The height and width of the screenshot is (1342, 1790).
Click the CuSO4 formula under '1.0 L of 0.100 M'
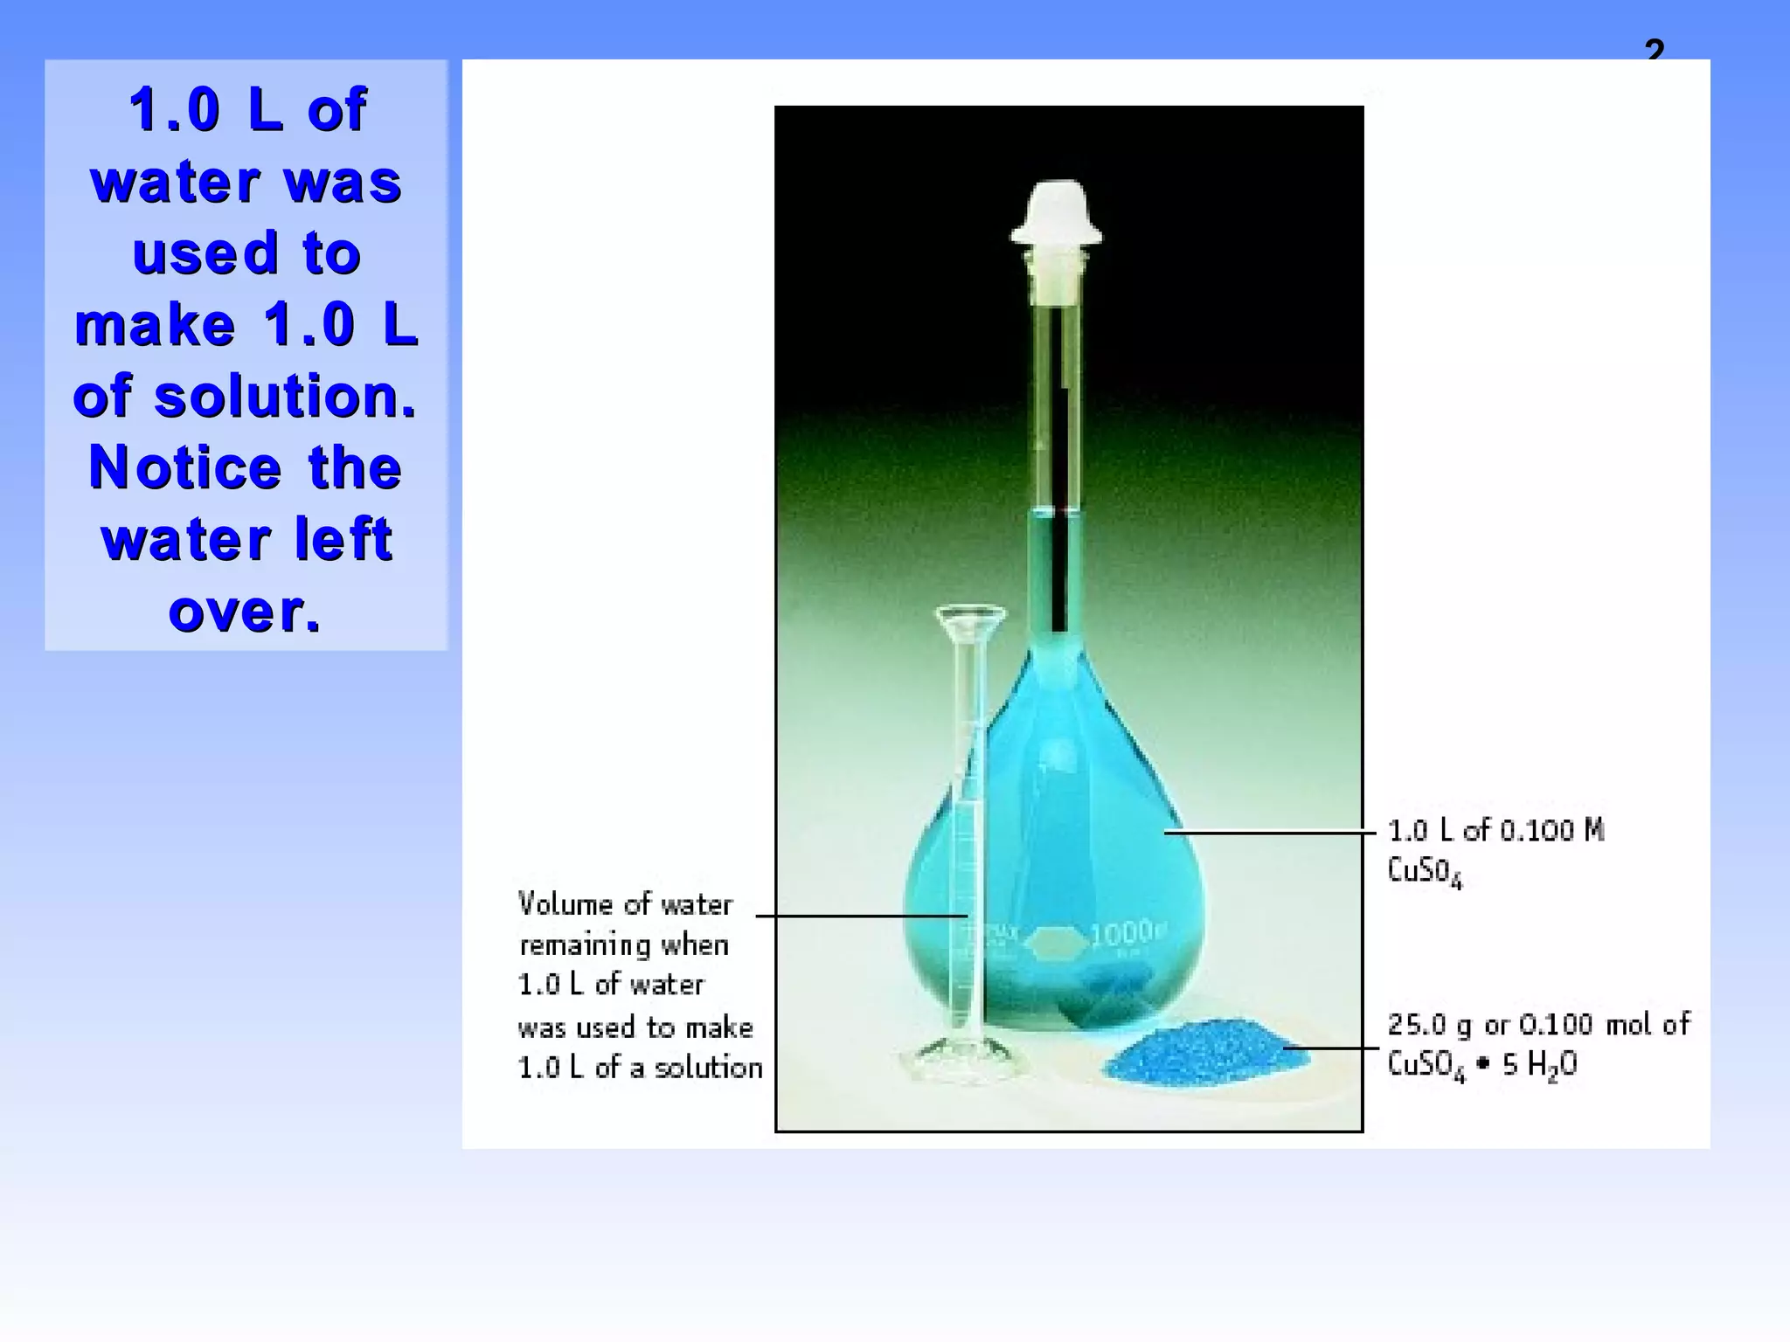coord(1425,871)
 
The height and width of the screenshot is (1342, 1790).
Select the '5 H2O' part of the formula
coord(1539,1065)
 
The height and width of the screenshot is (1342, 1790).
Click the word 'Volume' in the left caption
coord(565,903)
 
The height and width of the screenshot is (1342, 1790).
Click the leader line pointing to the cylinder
coord(861,916)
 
